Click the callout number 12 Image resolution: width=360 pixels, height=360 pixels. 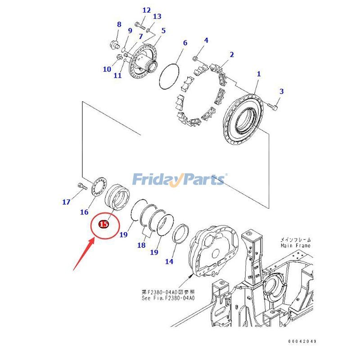tap(147, 10)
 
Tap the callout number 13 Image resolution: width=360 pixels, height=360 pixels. tap(157, 17)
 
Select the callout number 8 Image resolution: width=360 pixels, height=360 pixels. tap(119, 24)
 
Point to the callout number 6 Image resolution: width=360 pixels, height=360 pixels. tap(185, 43)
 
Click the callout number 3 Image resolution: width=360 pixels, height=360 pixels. tap(282, 91)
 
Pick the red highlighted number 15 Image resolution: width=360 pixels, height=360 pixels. tap(103, 224)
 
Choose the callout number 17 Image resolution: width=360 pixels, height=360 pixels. tap(66, 202)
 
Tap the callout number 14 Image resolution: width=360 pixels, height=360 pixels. tap(169, 261)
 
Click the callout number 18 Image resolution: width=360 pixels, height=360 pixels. tap(141, 245)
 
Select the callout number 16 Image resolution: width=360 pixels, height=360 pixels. tap(84, 212)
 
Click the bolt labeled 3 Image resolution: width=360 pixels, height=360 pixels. tap(273, 106)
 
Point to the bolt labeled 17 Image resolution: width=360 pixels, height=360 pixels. tap(82, 186)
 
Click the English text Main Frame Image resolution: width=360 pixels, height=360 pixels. tap(295, 246)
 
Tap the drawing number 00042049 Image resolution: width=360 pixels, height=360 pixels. tap(302, 342)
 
